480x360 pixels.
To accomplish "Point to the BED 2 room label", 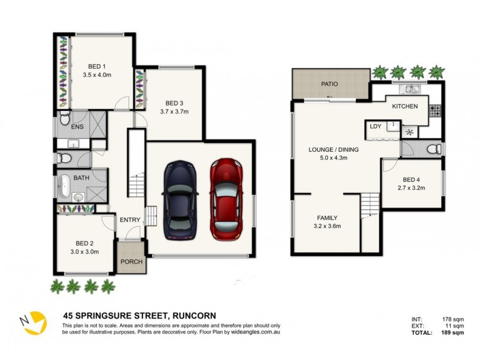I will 85,243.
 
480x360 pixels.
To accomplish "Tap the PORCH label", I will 130,262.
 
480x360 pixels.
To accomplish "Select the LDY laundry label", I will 376,126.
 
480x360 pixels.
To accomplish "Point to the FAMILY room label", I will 328,218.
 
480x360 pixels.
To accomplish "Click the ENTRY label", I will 130,220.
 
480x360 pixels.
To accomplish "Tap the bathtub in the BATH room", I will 64,187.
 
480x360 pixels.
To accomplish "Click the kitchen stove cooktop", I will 434,110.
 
